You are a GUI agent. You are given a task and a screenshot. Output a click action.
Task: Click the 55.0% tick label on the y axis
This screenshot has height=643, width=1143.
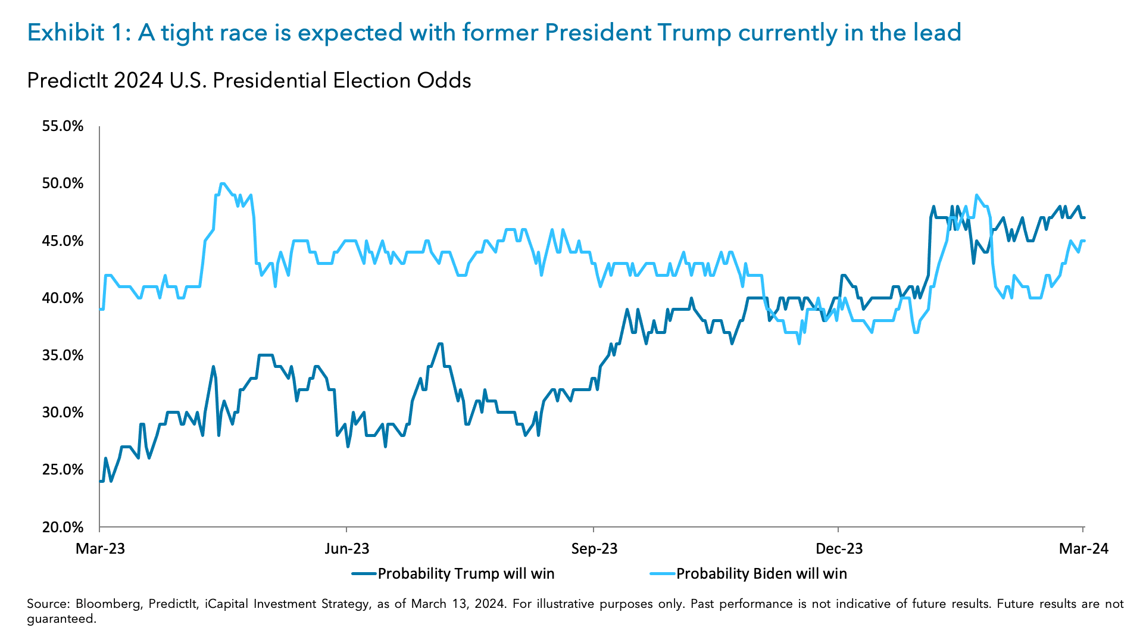(62, 126)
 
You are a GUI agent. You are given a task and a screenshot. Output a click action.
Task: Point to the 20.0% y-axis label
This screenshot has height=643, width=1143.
(62, 527)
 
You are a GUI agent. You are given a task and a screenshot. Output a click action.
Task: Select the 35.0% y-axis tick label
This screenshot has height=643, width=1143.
(62, 355)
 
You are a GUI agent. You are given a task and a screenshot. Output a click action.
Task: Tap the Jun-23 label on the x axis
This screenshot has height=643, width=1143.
(346, 548)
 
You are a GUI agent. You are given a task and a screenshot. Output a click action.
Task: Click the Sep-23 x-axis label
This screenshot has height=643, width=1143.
(594, 548)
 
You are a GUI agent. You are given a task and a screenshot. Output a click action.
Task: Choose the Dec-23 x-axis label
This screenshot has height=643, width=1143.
(838, 548)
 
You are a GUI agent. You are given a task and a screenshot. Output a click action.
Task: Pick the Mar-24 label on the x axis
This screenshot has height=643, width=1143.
(1083, 548)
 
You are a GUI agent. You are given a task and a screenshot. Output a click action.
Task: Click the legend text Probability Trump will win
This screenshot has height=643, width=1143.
(466, 573)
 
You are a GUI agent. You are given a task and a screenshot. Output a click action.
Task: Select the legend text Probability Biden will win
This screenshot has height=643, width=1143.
(761, 573)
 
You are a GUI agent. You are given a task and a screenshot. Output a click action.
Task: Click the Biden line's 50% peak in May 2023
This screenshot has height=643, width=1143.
(221, 183)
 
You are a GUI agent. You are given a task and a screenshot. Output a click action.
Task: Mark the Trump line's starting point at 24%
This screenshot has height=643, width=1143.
(101, 481)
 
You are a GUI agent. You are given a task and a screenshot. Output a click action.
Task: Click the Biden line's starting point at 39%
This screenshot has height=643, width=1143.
(101, 309)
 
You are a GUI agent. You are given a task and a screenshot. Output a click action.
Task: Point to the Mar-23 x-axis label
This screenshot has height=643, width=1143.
(100, 548)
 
